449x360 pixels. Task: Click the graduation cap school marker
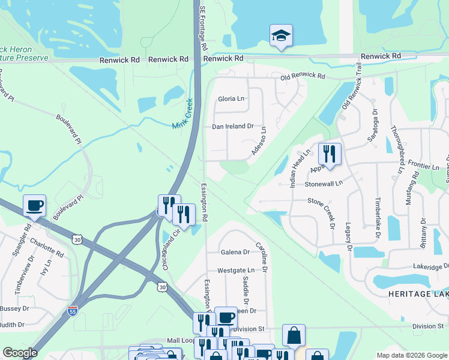[x=281, y=35]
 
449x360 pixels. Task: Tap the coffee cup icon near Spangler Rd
[x=34, y=206]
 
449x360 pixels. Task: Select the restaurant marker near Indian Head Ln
[x=330, y=154]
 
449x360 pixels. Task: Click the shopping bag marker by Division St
[x=294, y=335]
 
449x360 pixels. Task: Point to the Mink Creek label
[x=182, y=113]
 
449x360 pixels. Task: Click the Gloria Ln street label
[x=231, y=98]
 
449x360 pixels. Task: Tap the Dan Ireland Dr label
[x=233, y=127]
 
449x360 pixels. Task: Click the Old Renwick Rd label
[x=302, y=77]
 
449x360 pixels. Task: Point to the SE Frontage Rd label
[x=203, y=29]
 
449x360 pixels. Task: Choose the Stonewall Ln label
[x=323, y=183]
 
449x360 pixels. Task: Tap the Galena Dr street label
[x=235, y=252]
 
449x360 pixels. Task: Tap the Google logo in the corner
[x=20, y=353]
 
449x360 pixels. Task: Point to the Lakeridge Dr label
[x=430, y=266]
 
